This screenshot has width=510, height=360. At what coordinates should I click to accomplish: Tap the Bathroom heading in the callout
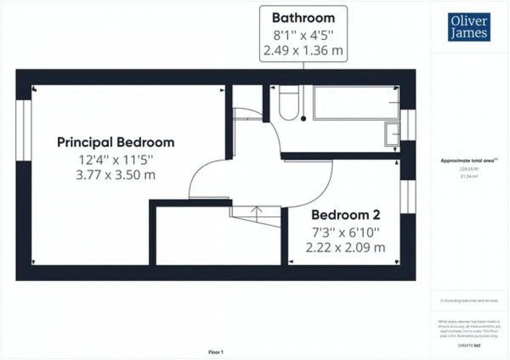pos(303,18)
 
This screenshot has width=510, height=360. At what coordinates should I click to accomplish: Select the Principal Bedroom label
pos(116,142)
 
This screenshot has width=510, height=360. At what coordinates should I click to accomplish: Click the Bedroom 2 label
pos(345,215)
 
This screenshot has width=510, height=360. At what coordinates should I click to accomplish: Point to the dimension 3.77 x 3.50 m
pos(116,175)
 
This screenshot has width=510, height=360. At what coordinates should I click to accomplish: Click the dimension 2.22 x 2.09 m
pos(346,248)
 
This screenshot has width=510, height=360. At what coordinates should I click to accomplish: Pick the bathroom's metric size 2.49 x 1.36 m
pos(303,52)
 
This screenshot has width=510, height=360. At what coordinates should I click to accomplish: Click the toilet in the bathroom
pos(289,102)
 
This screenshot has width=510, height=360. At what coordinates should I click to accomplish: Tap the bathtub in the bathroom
pos(356,102)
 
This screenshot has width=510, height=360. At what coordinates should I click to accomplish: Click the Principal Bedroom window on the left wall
pos(23,130)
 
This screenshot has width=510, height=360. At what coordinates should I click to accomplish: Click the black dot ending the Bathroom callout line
pos(303,119)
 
